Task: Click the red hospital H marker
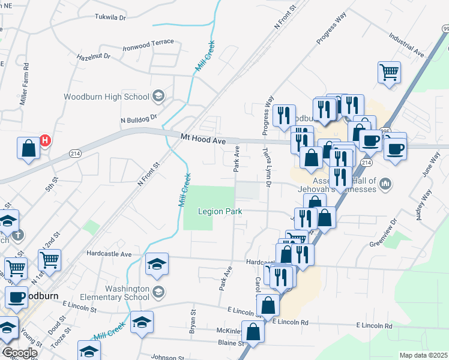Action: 45,142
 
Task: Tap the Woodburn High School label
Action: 106,97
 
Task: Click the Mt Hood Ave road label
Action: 203,139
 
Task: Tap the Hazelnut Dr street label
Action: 94,56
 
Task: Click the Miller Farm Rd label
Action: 25,85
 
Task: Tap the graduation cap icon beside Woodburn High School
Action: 158,95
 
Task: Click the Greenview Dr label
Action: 382,236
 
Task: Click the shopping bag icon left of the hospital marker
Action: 28,149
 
